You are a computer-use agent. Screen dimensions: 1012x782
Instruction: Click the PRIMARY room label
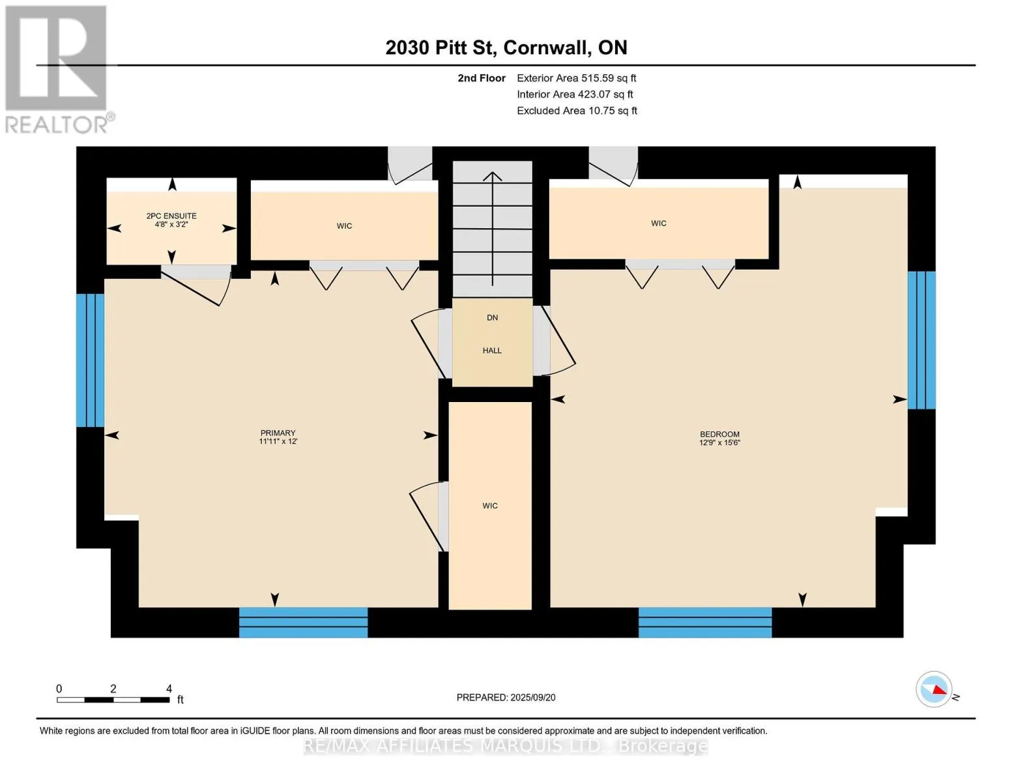click(x=278, y=433)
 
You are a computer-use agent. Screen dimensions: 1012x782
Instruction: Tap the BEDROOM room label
click(x=719, y=434)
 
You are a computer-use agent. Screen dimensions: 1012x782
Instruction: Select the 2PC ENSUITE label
click(x=171, y=216)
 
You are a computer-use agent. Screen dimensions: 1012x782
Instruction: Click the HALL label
click(x=492, y=350)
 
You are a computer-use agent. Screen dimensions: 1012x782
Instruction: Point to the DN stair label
click(x=492, y=317)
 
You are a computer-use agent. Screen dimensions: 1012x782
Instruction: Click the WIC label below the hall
click(x=490, y=505)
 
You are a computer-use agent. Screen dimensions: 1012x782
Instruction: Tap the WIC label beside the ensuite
click(x=344, y=226)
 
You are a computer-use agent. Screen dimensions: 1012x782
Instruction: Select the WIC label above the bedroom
click(x=659, y=224)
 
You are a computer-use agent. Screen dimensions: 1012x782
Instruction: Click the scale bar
click(x=113, y=699)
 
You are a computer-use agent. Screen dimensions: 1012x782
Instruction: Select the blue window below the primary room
click(x=303, y=622)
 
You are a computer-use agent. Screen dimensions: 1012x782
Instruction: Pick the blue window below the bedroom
click(x=704, y=622)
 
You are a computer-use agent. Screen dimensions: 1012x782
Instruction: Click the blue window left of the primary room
click(x=91, y=360)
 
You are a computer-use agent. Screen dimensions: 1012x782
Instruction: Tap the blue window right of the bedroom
click(x=921, y=340)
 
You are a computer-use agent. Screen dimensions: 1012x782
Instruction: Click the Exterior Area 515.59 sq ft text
click(x=576, y=78)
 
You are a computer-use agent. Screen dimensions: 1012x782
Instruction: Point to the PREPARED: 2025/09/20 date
click(x=506, y=697)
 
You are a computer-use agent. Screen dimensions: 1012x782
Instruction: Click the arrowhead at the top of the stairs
click(x=492, y=176)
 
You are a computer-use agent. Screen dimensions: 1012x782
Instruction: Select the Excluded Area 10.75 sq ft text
click(x=577, y=111)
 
